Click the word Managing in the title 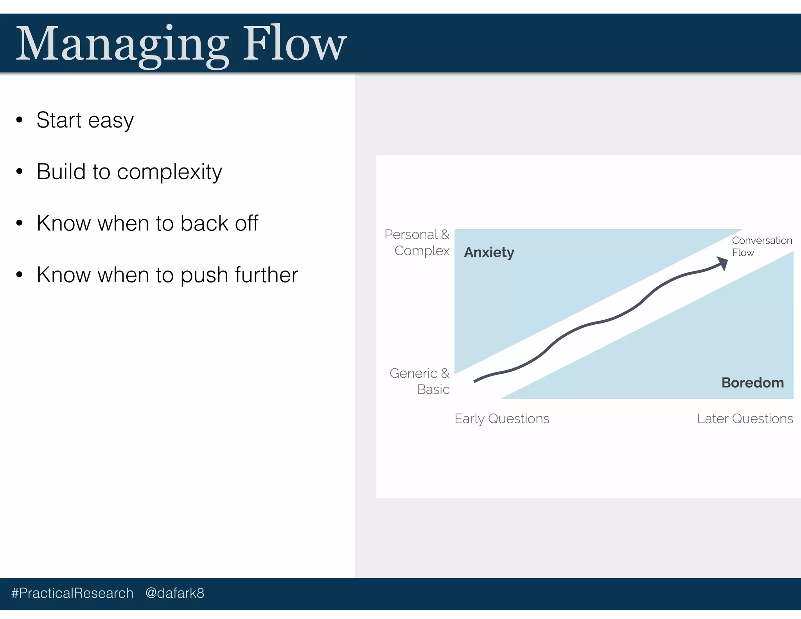[x=121, y=44]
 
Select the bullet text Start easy [x=85, y=120]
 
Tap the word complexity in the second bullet [x=169, y=172]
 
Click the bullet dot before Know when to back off [x=20, y=223]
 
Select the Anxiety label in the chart [x=489, y=252]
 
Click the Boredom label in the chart [x=752, y=382]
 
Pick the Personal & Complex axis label [x=418, y=242]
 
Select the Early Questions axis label [x=502, y=419]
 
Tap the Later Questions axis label [x=745, y=419]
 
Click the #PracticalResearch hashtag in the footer [x=72, y=593]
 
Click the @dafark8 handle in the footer [x=174, y=593]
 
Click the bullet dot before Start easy [x=20, y=120]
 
